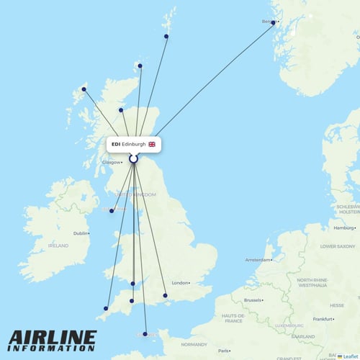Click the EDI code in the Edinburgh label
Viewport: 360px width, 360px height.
coord(116,144)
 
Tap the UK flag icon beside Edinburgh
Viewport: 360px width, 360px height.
coord(151,144)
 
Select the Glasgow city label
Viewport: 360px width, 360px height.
coord(111,162)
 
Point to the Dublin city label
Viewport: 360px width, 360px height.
coord(80,233)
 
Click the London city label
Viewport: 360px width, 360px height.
coord(180,283)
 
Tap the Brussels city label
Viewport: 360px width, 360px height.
coord(252,300)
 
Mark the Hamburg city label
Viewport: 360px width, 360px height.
coord(343,228)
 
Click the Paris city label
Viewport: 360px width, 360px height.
coord(225,351)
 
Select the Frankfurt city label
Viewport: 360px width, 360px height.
coord(323,318)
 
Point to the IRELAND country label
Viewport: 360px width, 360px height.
coord(58,246)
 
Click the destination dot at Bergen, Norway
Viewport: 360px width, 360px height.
coord(273,23)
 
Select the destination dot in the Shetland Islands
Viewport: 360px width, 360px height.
coord(166,36)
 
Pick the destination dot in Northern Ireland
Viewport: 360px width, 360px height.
coord(112,211)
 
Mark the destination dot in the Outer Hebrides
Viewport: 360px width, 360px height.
coord(84,89)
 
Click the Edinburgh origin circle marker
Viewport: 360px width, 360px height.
coord(133,158)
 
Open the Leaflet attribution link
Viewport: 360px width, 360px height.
coord(349,356)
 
